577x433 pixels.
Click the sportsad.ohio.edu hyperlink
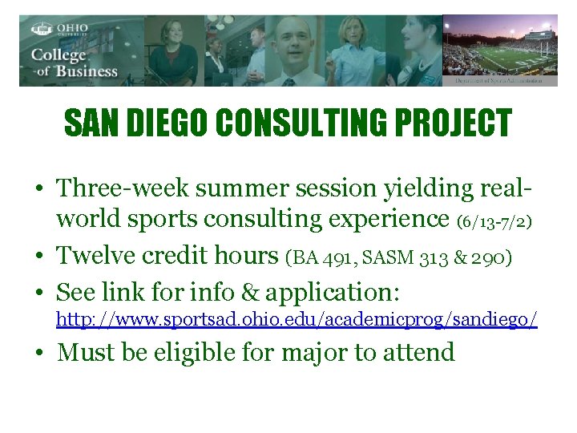click(296, 320)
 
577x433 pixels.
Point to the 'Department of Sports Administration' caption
click(499, 81)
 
